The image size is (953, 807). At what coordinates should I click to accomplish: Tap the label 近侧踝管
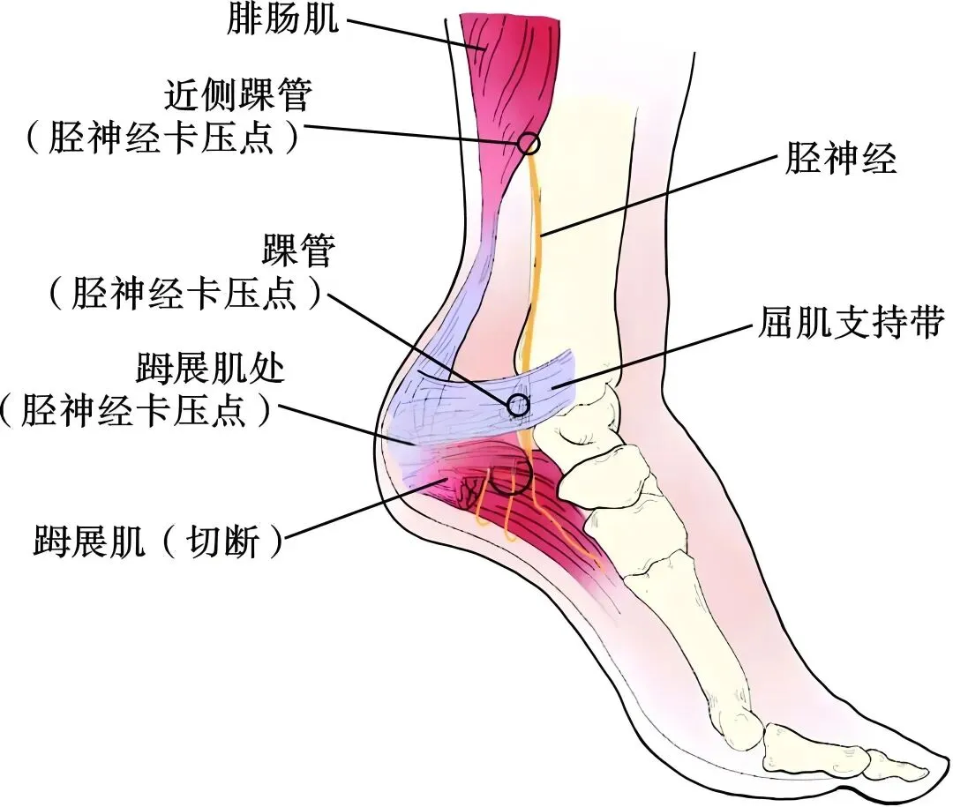[x=236, y=93]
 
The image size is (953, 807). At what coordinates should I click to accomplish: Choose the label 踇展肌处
[x=211, y=368]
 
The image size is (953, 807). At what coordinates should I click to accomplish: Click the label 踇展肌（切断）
[x=159, y=541]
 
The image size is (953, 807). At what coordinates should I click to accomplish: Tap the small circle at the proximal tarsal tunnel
[x=529, y=142]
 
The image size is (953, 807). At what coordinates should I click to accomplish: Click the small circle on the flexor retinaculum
[x=517, y=405]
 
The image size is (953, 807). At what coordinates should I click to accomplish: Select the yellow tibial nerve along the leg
[x=535, y=265]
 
